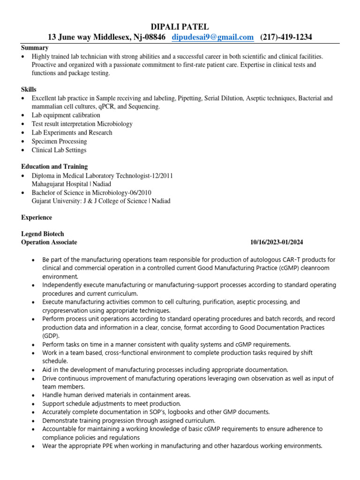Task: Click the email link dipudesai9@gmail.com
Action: click(x=213, y=37)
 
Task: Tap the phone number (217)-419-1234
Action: click(x=286, y=37)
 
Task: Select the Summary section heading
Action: click(x=35, y=48)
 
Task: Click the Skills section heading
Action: click(x=29, y=90)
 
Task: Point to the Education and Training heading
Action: click(x=54, y=167)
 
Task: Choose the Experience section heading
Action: click(x=37, y=218)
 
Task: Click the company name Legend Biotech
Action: click(x=43, y=234)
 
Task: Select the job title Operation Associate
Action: click(x=49, y=242)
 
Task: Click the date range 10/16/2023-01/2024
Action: click(x=277, y=242)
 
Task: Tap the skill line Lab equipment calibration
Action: click(x=66, y=115)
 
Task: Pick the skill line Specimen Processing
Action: click(x=59, y=142)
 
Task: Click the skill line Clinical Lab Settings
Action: click(x=59, y=150)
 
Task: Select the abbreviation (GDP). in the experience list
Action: click(x=52, y=336)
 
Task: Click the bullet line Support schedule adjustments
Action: click(x=111, y=404)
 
